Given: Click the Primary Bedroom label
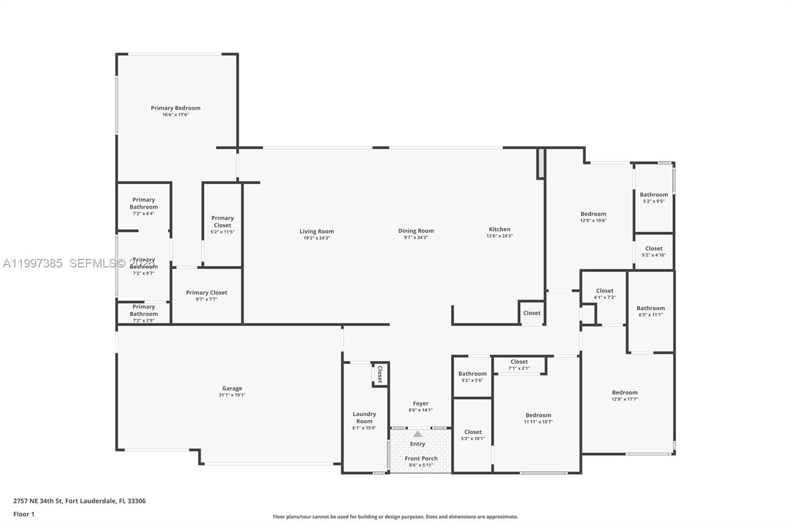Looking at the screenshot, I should (x=176, y=108).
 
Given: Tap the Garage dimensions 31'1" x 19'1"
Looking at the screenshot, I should (x=232, y=395).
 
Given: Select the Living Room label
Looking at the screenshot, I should (x=316, y=231).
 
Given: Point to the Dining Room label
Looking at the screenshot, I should (x=416, y=231).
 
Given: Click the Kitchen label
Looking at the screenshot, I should (x=499, y=229).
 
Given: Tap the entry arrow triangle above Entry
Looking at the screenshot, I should (x=418, y=434).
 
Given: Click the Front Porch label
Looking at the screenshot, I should (x=421, y=459).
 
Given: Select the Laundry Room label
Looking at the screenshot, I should (x=364, y=418).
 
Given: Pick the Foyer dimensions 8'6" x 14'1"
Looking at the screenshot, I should (x=421, y=410).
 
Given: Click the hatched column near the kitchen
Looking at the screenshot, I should (x=541, y=163).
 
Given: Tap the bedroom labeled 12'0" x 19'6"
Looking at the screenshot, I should (x=593, y=217).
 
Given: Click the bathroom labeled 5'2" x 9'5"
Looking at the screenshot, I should (x=654, y=198).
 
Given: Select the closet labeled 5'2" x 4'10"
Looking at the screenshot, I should (x=654, y=252).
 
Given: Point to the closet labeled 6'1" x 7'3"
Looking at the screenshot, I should (x=605, y=294).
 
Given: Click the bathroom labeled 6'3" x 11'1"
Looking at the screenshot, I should (x=651, y=311).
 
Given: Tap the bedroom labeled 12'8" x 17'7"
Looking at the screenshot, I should (x=624, y=395).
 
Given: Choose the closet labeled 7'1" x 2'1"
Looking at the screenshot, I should (x=519, y=365).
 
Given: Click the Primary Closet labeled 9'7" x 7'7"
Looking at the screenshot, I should (x=207, y=296).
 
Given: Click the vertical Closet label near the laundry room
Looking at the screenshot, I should (x=380, y=374).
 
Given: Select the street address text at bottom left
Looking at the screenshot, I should (x=80, y=501).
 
